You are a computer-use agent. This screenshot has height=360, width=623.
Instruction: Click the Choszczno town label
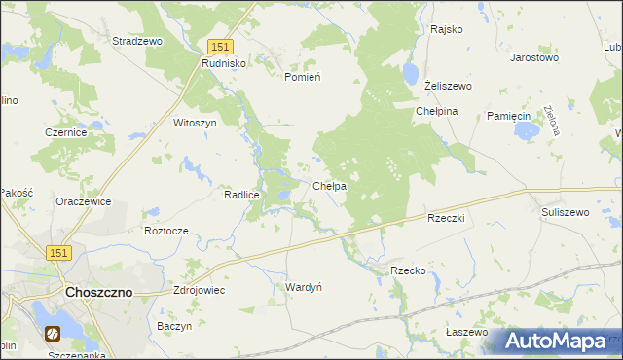click(x=97, y=292)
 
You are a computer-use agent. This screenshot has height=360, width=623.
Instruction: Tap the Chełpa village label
click(x=331, y=185)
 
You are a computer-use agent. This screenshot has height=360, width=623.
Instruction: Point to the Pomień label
click(x=303, y=76)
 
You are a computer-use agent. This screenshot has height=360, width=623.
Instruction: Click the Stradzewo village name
click(x=137, y=42)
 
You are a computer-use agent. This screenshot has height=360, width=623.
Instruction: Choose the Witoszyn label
click(x=194, y=124)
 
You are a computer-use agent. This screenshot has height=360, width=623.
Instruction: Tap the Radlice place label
click(x=241, y=195)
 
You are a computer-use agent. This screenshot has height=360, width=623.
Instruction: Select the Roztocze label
click(x=165, y=231)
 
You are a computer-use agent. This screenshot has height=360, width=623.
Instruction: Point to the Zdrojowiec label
click(x=199, y=290)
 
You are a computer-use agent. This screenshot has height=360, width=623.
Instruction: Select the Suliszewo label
click(x=566, y=211)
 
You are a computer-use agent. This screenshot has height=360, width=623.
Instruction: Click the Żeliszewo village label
click(x=449, y=86)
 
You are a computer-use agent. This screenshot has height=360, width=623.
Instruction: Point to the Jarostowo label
click(x=534, y=57)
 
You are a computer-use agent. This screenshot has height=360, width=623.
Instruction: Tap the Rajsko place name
click(x=446, y=29)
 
